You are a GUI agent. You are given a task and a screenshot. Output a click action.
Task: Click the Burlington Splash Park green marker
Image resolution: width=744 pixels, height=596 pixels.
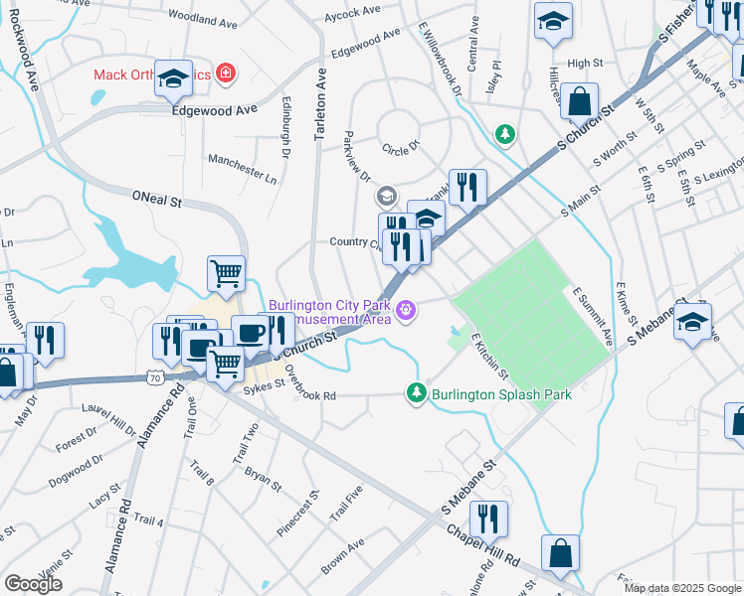(x=417, y=394)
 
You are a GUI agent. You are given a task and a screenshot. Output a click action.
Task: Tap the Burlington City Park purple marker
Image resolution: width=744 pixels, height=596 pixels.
(x=406, y=311)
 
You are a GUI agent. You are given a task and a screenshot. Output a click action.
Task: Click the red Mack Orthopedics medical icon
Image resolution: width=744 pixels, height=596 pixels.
(x=227, y=74)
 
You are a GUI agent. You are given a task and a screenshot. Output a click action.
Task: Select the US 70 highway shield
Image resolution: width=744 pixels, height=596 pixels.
(x=154, y=377)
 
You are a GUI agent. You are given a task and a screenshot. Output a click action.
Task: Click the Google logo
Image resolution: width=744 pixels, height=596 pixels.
(x=33, y=584)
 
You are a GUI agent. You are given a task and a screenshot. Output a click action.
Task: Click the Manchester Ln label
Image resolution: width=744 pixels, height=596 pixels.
(x=242, y=169)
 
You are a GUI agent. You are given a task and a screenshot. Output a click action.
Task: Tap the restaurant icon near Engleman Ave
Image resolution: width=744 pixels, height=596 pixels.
(x=45, y=339)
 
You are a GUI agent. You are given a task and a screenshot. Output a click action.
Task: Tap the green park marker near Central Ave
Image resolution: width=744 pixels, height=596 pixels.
(x=506, y=133)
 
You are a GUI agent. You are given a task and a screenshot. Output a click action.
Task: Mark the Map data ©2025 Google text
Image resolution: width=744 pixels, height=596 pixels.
(x=681, y=588)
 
